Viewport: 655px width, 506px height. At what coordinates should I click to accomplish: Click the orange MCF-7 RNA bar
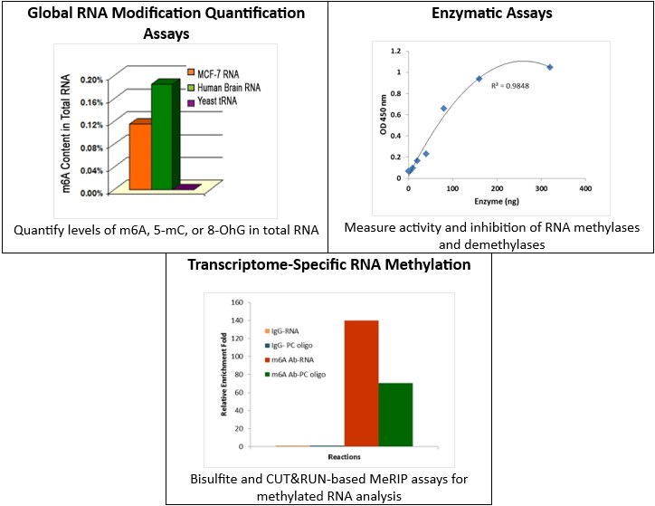pyautogui.click(x=140, y=156)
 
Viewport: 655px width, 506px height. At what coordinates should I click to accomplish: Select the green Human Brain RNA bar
pyautogui.click(x=161, y=136)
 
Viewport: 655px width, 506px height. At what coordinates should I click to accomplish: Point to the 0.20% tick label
pyautogui.click(x=91, y=81)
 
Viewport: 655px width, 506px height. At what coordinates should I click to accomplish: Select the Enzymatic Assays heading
pyautogui.click(x=489, y=15)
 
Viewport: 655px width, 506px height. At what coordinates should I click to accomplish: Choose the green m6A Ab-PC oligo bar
pyautogui.click(x=395, y=415)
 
